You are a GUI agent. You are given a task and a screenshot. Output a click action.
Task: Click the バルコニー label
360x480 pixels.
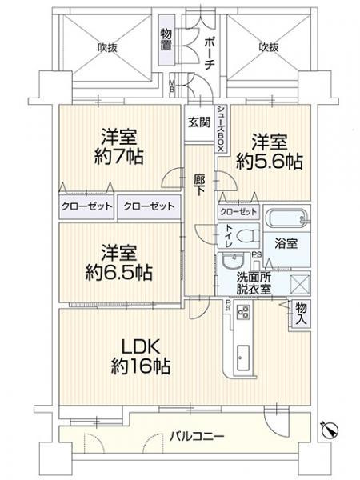(x=196, y=436)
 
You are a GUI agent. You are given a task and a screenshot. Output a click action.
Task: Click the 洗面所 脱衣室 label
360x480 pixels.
(x=253, y=282)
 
